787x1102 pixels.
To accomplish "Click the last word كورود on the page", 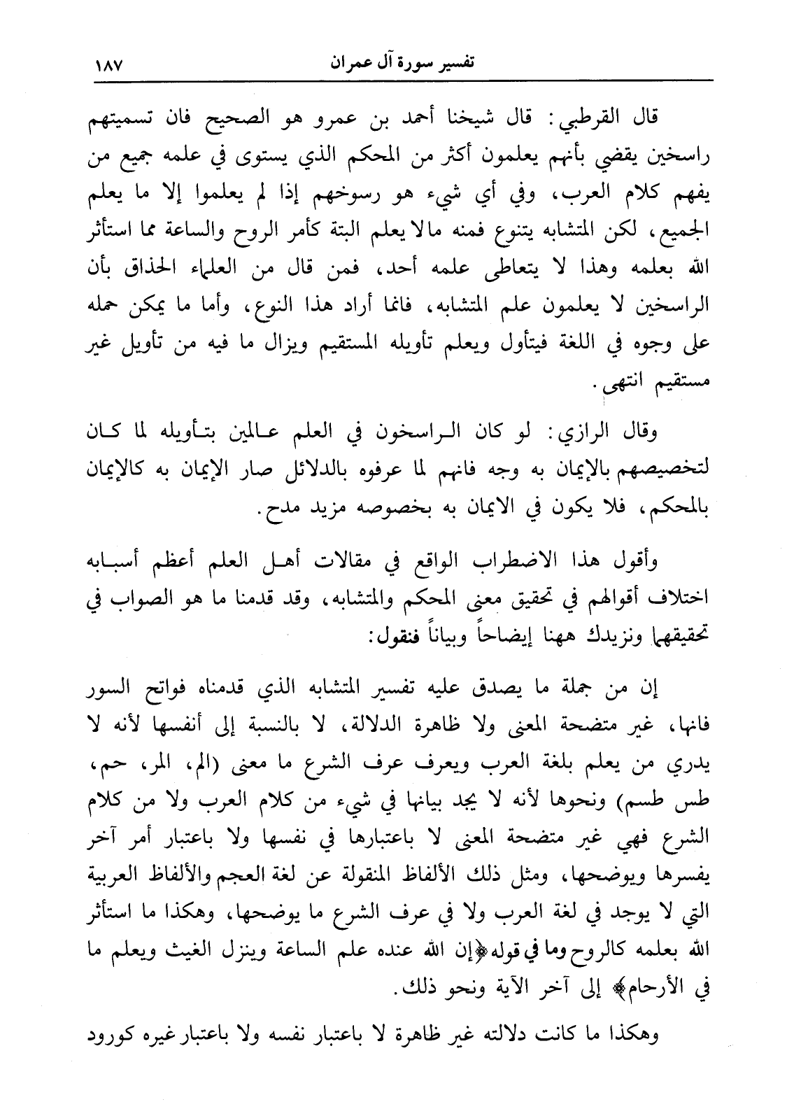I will [111, 1033].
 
